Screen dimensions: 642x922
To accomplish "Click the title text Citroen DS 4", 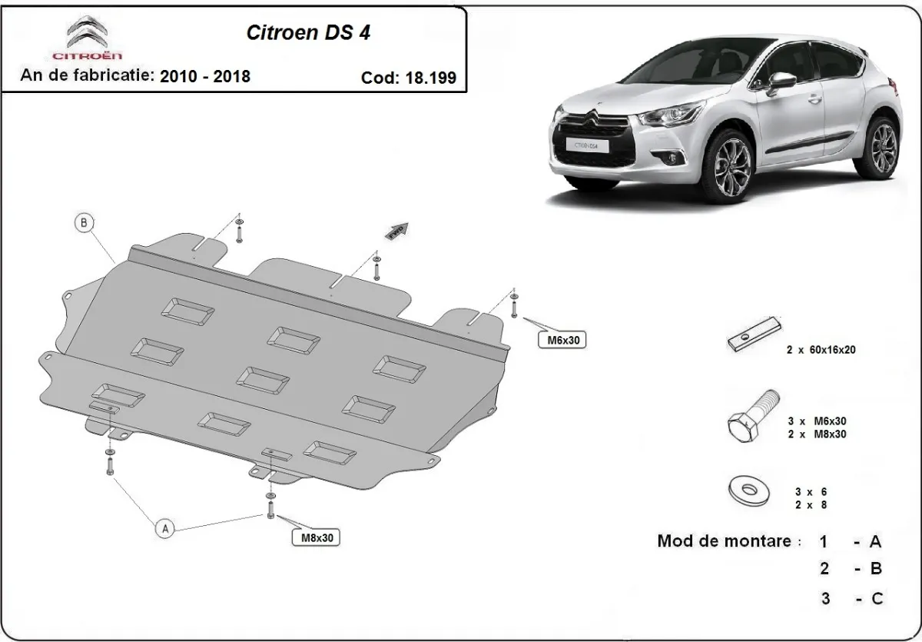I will click(311, 33).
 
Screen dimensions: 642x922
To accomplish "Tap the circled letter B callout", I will click(84, 224).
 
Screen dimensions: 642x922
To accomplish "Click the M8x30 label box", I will click(315, 537).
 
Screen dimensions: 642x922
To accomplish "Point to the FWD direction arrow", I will click(398, 231).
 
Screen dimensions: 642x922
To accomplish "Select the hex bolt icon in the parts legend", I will click(752, 418).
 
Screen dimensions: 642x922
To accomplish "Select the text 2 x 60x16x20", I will click(821, 349).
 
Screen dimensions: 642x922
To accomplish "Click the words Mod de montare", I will click(724, 541).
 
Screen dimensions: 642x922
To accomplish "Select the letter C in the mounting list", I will click(876, 598).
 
